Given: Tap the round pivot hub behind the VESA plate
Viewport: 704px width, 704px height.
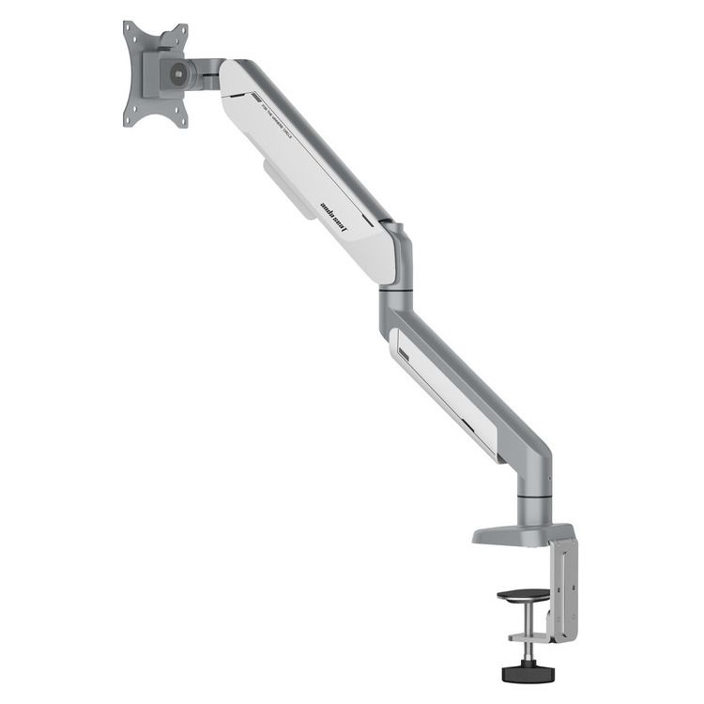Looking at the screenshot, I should point(176,73).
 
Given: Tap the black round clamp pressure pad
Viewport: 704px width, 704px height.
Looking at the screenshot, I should point(520,595).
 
